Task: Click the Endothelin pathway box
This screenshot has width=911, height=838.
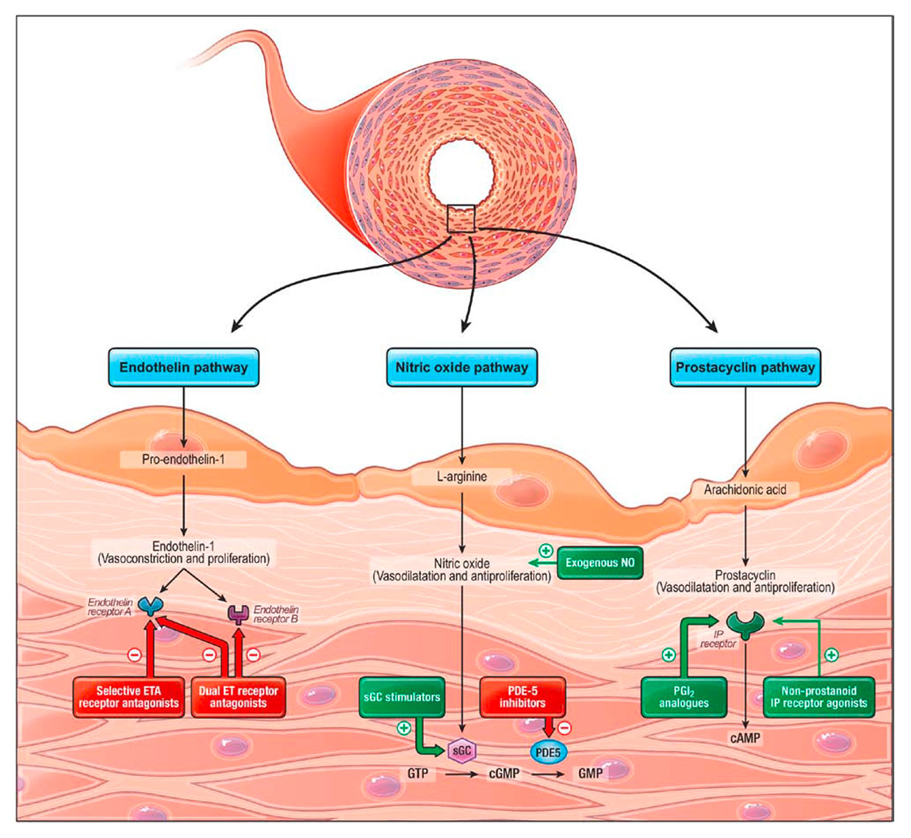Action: point(184,368)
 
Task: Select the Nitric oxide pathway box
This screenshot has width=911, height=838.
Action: point(461,368)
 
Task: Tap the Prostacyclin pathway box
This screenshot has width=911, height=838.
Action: point(745,368)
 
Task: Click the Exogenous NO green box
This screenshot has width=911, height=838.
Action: point(600,563)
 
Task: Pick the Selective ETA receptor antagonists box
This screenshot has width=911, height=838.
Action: point(129,697)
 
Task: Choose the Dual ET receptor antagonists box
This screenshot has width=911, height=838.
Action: point(238,697)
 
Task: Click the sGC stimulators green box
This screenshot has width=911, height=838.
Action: point(402,697)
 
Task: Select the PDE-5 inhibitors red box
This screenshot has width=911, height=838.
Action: point(522,697)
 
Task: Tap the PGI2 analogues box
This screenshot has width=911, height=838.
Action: point(683,697)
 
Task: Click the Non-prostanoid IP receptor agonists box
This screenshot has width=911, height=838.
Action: point(818,697)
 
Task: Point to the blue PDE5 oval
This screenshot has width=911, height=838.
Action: point(548,753)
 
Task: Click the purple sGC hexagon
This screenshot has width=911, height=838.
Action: point(462,751)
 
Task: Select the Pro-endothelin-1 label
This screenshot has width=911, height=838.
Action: point(184,460)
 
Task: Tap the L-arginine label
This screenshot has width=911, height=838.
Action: point(461,476)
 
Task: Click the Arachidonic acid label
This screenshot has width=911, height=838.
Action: point(745,490)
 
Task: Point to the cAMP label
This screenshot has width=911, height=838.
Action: point(745,738)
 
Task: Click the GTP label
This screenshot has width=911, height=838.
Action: point(418,773)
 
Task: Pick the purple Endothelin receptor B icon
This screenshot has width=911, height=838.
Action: point(238,614)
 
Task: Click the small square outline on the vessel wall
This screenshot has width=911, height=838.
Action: point(461,219)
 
